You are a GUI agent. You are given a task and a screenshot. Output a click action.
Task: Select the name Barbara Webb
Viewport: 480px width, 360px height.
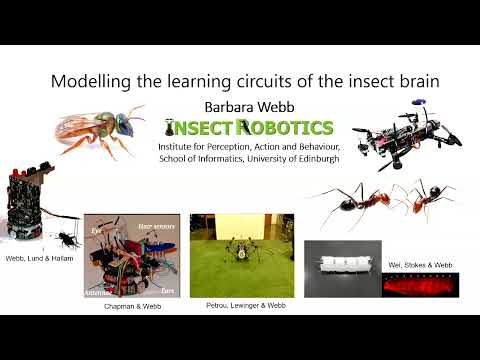tap(240, 105)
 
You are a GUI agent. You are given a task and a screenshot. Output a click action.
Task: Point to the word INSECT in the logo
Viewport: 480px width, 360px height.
tap(208, 128)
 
